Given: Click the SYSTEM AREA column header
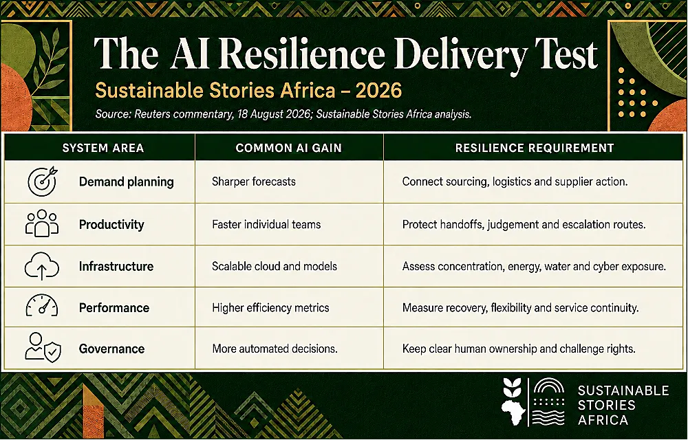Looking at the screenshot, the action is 103,148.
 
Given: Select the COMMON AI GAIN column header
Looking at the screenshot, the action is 289,148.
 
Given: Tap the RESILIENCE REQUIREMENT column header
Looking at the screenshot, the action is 535,148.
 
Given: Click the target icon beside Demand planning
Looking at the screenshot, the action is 42,181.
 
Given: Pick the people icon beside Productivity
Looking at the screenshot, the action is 42,223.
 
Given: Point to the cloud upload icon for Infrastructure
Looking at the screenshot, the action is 42,265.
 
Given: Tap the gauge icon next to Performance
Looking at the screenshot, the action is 42,305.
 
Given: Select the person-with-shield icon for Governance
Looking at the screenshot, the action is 43,347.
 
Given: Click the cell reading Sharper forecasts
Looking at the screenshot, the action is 254,181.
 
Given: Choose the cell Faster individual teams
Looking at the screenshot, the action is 266,224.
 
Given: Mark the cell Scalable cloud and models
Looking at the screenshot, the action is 275,267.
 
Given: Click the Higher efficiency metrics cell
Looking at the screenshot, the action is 270,307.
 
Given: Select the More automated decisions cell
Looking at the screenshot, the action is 275,349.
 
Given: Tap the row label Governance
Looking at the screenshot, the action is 112,349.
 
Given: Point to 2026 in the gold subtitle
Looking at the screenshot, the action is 378,91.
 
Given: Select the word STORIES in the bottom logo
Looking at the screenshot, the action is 606,405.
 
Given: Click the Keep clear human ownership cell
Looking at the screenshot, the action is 519,349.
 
